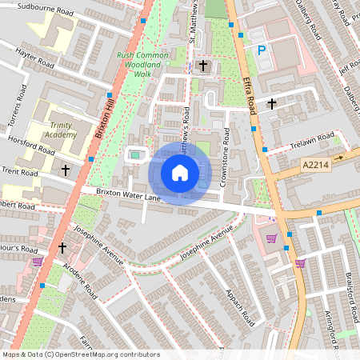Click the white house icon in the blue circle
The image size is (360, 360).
pyautogui.click(x=180, y=172)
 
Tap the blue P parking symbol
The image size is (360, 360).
pyautogui.click(x=261, y=50)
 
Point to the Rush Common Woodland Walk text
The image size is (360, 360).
pyautogui.click(x=145, y=64)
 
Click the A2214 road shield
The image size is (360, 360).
pyautogui.click(x=317, y=165)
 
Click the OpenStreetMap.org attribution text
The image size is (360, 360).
pyautogui.click(x=103, y=354)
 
